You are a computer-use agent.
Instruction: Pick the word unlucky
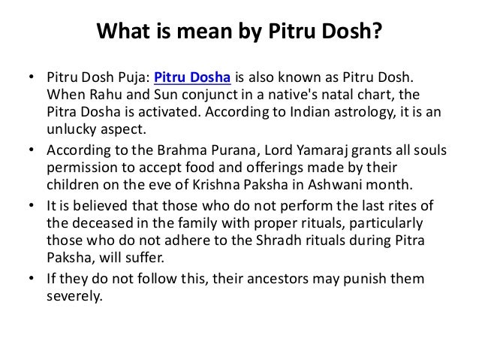click(x=71, y=129)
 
